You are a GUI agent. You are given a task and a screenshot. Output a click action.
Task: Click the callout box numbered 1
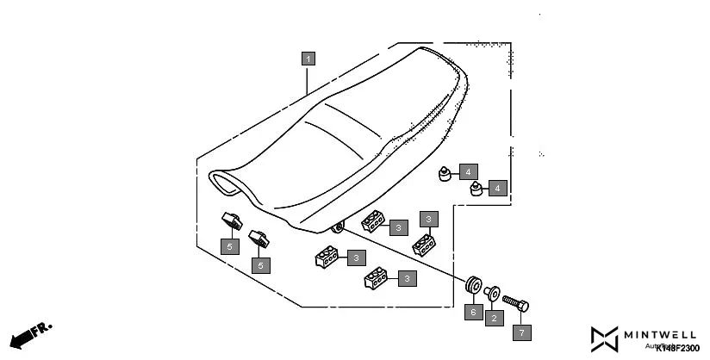coord(308,59)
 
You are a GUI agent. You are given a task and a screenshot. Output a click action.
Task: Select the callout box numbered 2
coord(494,319)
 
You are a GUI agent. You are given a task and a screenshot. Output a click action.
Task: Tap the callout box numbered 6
coord(471,312)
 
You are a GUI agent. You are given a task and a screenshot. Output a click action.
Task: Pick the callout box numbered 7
coord(522,331)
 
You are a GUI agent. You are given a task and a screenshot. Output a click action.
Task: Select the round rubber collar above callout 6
coord(471,285)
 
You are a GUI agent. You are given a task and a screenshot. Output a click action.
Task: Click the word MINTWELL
coord(662,333)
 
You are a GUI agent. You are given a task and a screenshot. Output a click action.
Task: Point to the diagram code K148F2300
coord(677,347)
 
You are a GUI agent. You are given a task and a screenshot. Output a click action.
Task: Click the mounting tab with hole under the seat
coord(337,228)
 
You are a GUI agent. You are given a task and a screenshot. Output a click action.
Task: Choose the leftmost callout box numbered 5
coord(229,246)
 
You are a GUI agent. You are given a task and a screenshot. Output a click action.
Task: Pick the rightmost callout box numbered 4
coord(497,187)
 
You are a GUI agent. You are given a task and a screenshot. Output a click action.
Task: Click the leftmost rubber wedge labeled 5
coord(230,220)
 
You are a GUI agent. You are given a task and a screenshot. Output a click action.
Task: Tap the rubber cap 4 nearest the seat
coord(445,176)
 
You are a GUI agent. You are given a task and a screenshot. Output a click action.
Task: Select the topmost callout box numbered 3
coord(429,219)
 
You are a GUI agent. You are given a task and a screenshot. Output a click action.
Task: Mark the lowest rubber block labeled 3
coord(376,278)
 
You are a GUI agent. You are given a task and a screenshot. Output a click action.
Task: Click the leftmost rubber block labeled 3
coord(326,258)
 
